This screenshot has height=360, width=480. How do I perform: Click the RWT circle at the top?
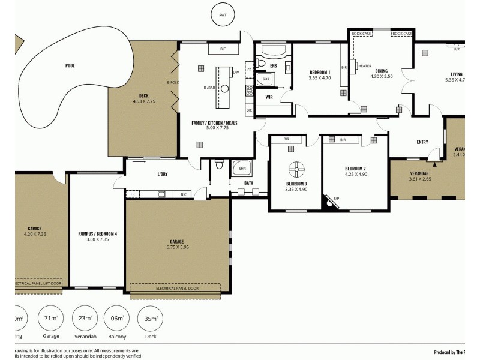pyautogui.click(x=223, y=14)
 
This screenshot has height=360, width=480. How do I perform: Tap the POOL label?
pyautogui.click(x=70, y=65)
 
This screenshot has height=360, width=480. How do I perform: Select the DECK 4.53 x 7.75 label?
pyautogui.click(x=144, y=99)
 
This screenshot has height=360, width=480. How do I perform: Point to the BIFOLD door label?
pyautogui.click(x=173, y=83)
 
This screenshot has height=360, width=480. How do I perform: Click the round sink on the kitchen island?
pyautogui.click(x=224, y=89)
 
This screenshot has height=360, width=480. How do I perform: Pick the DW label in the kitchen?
pyautogui.click(x=236, y=73)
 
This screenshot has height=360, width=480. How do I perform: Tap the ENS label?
pyautogui.click(x=273, y=65)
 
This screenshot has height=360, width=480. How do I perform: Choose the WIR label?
pyautogui.click(x=269, y=95)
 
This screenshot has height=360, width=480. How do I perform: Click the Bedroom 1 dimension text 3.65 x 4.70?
pyautogui.click(x=320, y=77)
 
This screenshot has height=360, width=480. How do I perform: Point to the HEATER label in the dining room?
pyautogui.click(x=365, y=67)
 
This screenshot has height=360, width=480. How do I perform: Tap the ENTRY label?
pyautogui.click(x=422, y=142)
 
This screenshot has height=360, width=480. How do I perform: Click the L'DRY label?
pyautogui.click(x=162, y=174)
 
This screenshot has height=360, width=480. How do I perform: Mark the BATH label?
pyautogui.click(x=248, y=183)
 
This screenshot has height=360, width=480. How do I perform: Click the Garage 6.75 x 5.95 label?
pyautogui.click(x=176, y=244)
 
